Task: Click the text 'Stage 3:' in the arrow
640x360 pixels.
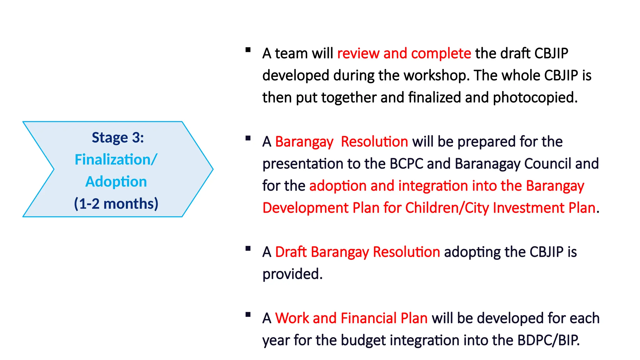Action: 118,138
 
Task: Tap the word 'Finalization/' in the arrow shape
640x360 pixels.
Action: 116,160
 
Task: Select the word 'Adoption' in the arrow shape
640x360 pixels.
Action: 116,182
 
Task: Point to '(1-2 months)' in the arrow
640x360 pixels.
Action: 116,204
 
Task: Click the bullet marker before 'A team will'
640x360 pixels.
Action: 248,50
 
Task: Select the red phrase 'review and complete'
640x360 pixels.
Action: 404,53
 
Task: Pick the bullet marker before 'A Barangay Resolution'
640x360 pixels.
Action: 248,138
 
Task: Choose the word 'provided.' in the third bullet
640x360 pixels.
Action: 292,274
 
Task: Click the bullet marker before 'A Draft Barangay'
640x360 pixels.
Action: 248,249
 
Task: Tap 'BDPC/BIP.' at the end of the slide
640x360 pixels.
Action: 548,340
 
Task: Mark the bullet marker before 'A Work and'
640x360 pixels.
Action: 248,315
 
